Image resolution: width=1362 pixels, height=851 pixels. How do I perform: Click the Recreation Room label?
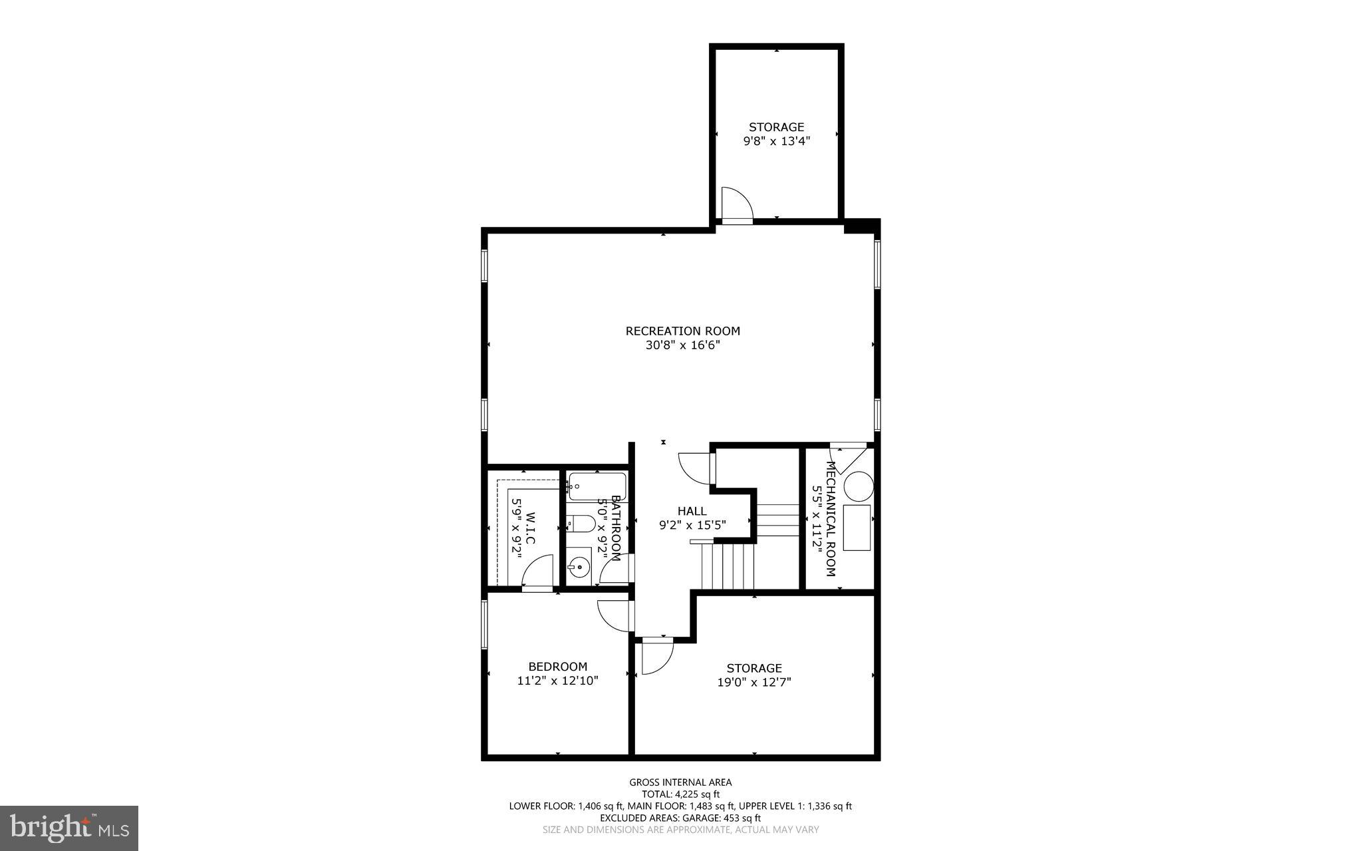682,331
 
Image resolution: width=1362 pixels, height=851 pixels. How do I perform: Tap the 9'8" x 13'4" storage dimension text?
776,141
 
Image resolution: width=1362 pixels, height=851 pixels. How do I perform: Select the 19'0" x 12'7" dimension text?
753,682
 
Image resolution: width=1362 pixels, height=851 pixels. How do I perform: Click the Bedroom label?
557,667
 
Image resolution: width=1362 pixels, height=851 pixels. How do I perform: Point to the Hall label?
692,511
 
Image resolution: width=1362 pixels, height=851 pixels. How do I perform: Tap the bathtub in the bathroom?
597,486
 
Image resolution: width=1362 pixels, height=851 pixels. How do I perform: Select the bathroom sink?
579,569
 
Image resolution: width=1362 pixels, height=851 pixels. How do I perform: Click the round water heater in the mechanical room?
858,486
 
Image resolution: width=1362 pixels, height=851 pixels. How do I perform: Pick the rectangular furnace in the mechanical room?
857,527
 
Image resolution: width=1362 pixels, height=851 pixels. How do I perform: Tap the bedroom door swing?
612,615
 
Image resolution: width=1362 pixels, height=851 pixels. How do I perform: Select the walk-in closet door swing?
538,572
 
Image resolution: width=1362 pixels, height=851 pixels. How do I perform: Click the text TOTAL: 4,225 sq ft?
680,794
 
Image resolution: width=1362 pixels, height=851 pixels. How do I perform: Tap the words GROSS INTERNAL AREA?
680,782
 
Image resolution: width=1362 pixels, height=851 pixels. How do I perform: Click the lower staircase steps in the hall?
729,566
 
